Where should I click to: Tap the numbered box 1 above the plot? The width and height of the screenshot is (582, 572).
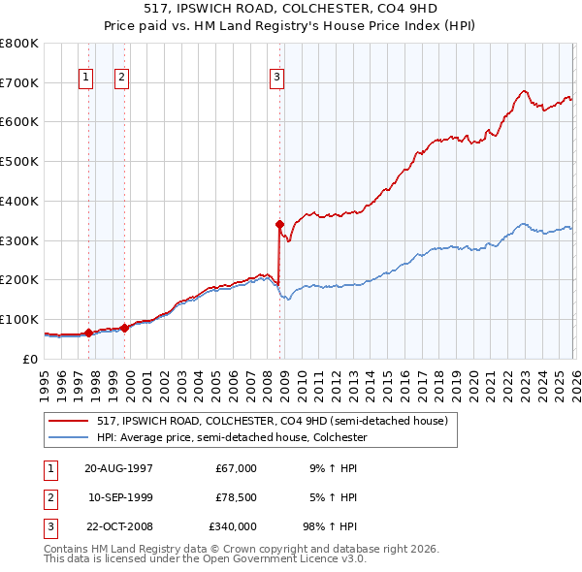coord(86,78)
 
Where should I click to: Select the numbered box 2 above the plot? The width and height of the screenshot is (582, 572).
coord(122,78)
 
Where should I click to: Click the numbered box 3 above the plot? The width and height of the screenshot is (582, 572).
coord(277,78)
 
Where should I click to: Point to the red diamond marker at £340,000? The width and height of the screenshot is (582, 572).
coord(279,224)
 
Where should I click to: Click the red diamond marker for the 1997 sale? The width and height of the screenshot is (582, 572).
coord(88,333)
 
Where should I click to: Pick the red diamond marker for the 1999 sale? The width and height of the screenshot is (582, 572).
coord(124,328)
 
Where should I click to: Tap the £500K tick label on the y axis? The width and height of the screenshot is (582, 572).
coord(18,161)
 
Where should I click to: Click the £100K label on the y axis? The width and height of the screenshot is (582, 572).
coord(18,319)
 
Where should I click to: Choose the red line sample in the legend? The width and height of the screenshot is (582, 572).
coord(70,422)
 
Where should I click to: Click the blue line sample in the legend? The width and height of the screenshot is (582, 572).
coord(70,437)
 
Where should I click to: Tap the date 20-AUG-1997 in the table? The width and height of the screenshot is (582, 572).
coord(118,468)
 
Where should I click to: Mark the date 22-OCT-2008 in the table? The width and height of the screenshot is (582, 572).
coord(118,527)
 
